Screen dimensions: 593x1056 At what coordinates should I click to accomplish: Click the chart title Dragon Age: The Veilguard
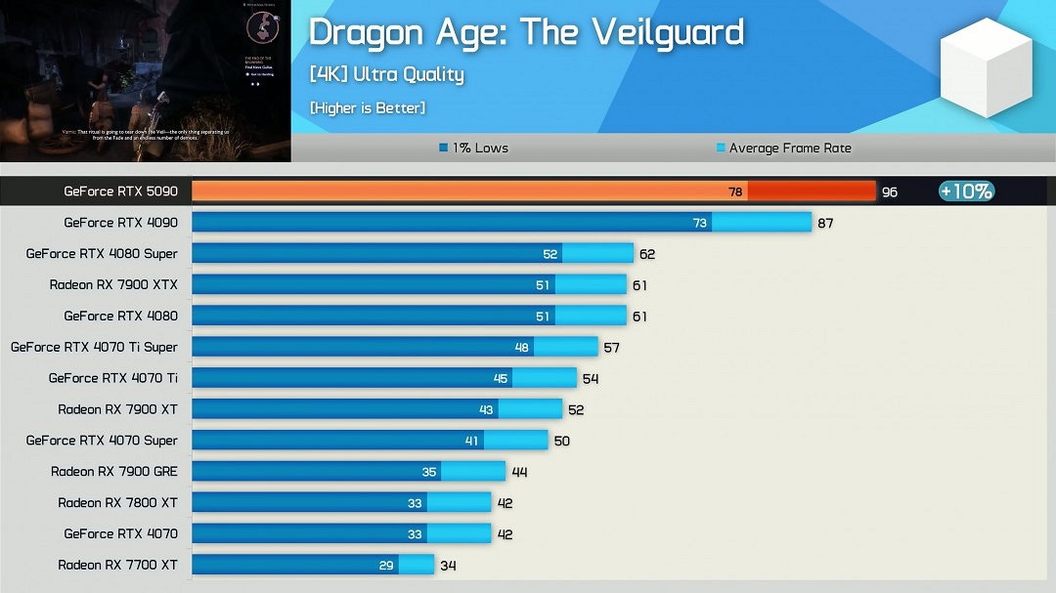coord(526,32)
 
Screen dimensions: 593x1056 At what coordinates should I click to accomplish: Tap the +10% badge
coord(966,191)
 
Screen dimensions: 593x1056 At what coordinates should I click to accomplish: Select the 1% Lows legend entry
coord(474,148)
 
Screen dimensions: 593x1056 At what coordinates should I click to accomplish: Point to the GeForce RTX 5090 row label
coord(121,191)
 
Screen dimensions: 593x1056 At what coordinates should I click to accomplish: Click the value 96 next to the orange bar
coord(889,192)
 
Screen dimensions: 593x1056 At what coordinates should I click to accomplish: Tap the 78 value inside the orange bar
coord(735,192)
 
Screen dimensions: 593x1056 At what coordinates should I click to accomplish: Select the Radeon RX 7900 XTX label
coord(113,284)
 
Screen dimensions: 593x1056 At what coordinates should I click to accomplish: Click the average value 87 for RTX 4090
coord(825,224)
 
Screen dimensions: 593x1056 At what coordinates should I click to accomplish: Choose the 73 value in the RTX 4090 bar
coord(700,223)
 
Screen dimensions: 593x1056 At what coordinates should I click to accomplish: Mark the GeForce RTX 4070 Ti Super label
coord(94,347)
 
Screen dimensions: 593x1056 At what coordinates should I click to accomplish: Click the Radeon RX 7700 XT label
coord(117,565)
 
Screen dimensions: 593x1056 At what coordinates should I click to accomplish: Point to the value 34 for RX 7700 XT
coord(448,566)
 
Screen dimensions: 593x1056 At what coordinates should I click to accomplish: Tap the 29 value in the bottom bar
coord(387,566)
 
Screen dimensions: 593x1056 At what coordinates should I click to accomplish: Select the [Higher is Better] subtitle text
coord(368,108)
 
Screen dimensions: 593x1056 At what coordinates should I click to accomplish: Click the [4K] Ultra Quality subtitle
coord(386,74)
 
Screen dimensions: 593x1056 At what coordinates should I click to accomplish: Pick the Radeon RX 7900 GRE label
coord(114,471)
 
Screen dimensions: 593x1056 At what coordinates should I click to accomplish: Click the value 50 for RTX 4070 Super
coord(561,442)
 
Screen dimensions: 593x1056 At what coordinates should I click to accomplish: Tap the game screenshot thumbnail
coord(145,81)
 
